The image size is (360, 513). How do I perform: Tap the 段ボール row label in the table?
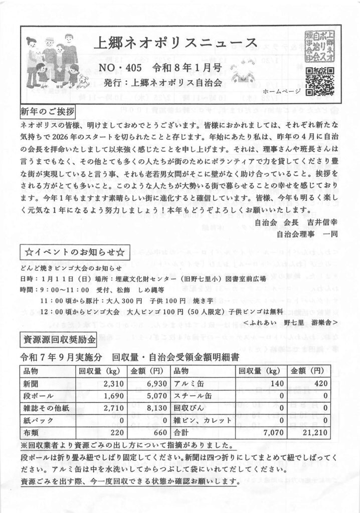(36, 395)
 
